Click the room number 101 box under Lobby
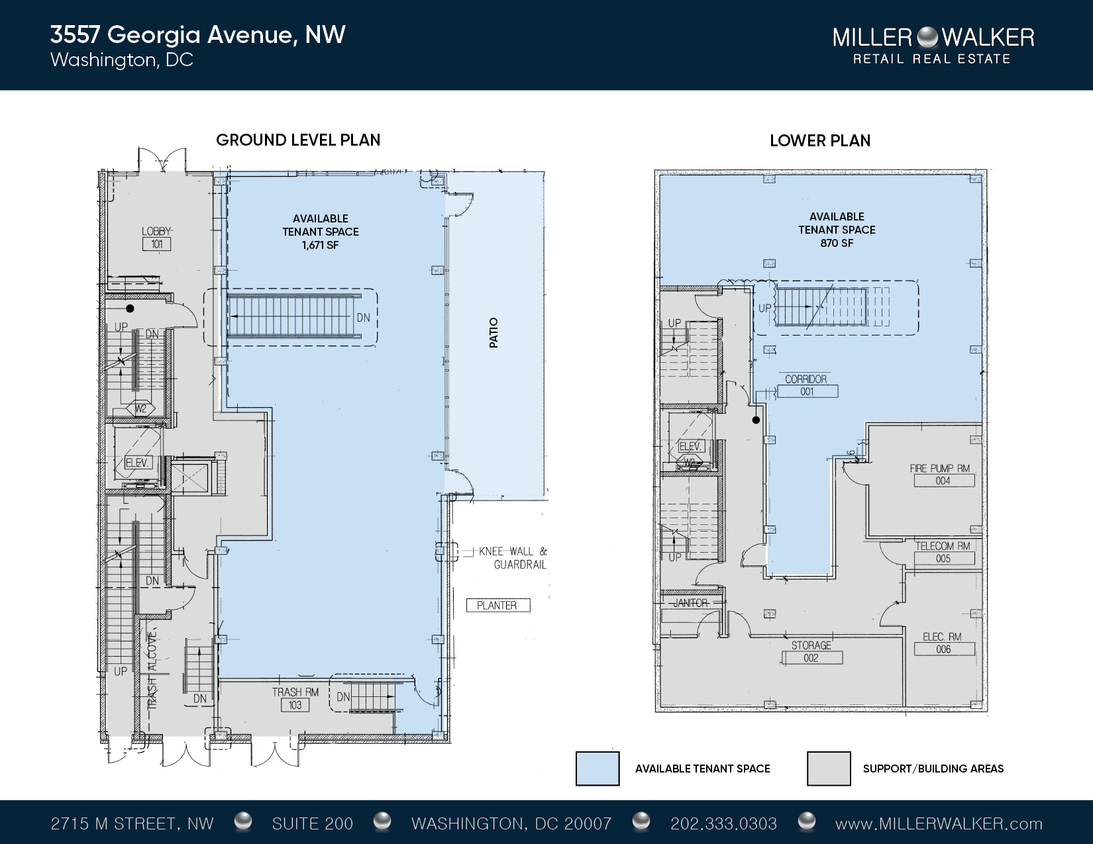click(x=156, y=244)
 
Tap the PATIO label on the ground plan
click(x=494, y=332)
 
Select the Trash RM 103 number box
click(x=295, y=705)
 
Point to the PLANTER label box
click(x=498, y=605)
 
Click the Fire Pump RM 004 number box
click(x=943, y=481)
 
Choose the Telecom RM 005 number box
click(x=943, y=559)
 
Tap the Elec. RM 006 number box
click(x=943, y=649)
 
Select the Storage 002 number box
click(x=811, y=657)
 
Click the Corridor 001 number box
click(x=807, y=391)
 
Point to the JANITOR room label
click(x=691, y=602)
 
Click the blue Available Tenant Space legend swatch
click(x=598, y=769)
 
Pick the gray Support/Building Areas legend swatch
click(x=829, y=769)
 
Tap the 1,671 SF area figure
click(x=321, y=246)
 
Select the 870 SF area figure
click(x=837, y=244)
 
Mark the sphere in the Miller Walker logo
click(x=927, y=37)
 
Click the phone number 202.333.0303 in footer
click(x=724, y=823)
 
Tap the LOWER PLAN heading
click(x=820, y=141)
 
